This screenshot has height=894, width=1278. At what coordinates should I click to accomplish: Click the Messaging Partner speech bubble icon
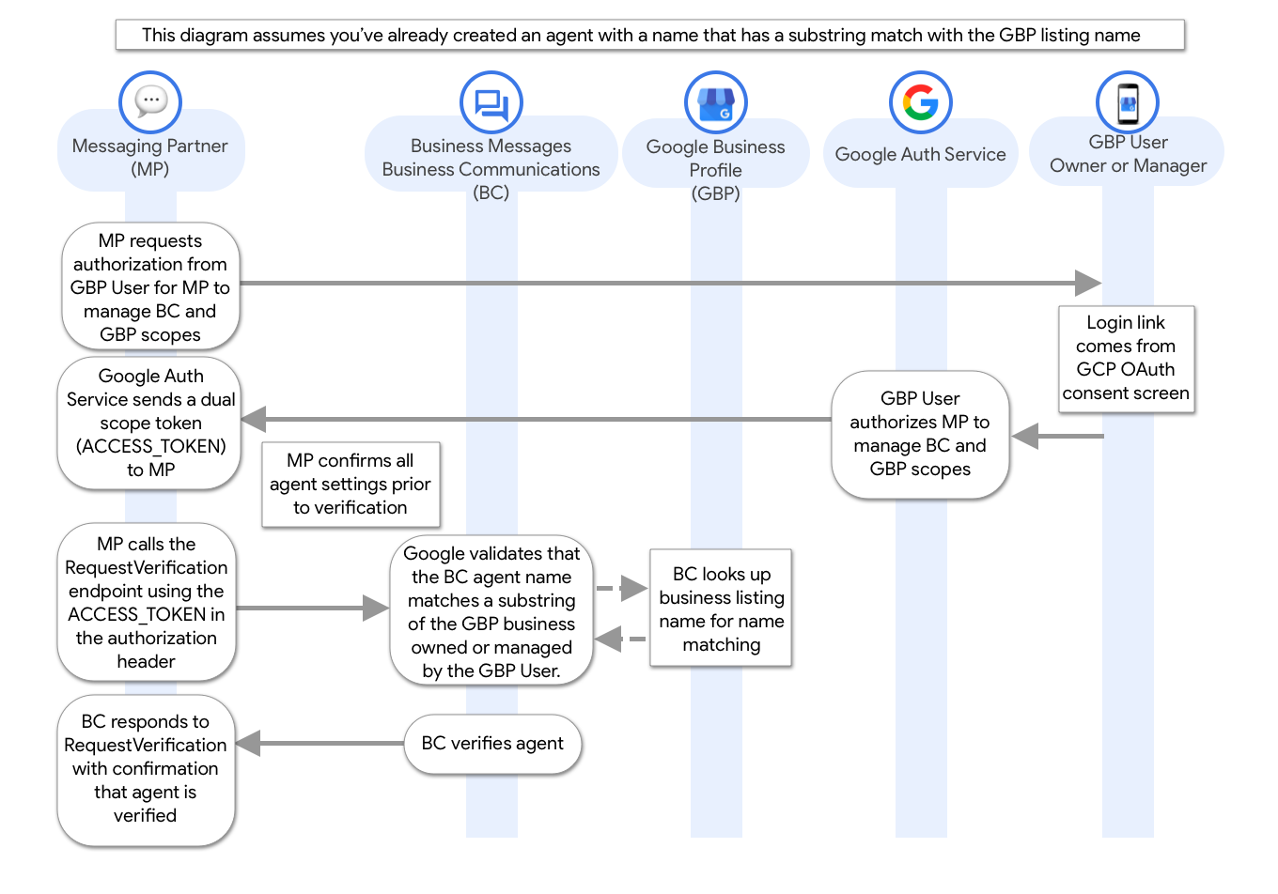pos(150,101)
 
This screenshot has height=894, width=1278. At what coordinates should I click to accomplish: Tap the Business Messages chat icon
pos(491,103)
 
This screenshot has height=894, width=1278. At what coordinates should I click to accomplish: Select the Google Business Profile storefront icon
pos(715,103)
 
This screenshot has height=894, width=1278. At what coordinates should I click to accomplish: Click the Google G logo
pos(920,102)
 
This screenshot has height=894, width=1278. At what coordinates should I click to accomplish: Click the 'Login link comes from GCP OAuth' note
pos(1126,358)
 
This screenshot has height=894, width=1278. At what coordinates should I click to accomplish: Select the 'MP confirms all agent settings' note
pos(351,484)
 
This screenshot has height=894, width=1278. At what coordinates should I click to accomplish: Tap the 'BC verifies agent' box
pos(492,744)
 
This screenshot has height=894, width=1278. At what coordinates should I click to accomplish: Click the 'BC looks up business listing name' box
pos(722,609)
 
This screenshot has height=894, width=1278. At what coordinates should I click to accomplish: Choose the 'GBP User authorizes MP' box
pos(920,434)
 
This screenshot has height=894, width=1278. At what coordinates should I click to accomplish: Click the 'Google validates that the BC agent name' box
pos(491,612)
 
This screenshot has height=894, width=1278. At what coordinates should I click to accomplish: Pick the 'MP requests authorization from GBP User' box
pos(150,287)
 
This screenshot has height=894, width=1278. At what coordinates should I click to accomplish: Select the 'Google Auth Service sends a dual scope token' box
pos(150,423)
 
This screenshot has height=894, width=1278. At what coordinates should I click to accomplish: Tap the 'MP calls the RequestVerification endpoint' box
pos(147,602)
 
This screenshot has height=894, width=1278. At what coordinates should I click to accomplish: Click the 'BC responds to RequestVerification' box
pos(146,768)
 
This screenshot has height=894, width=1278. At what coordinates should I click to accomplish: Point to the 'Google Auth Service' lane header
pos(920,155)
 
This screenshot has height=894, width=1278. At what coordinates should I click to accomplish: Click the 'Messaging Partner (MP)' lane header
pos(150,157)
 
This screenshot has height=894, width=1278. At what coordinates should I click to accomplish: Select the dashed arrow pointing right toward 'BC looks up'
pos(623,590)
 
